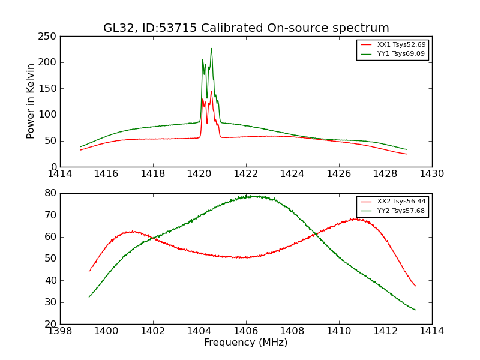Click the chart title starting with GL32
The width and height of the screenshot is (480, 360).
coord(246,28)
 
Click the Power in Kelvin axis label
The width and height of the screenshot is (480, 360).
coord(31,101)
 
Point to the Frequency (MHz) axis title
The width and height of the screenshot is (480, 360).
coord(246,343)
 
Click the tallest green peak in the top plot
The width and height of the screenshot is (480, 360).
coord(211,49)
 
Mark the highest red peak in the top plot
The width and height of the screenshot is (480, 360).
coord(211,92)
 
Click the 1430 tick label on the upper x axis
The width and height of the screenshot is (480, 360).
coord(431,174)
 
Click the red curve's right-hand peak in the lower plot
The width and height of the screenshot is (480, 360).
coord(355,219)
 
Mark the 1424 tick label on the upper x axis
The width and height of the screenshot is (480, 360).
coord(293,174)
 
